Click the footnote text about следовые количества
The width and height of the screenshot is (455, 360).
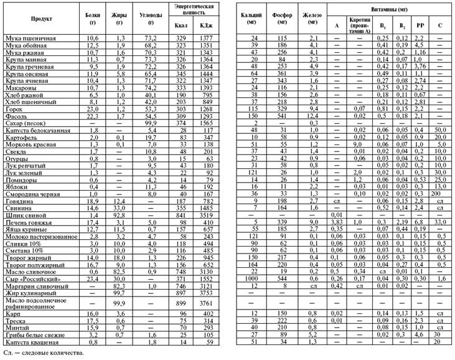coord(41,353)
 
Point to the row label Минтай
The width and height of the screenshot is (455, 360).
coord(17,327)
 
